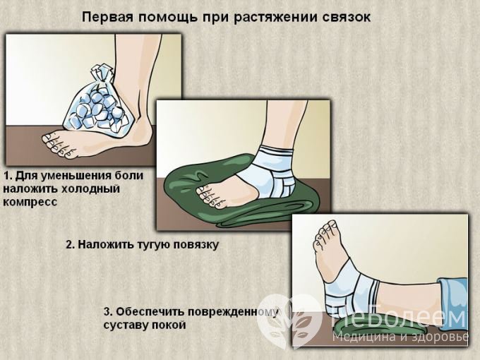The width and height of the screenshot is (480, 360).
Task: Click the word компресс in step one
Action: (30, 201)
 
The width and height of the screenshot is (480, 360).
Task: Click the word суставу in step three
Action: (126, 325)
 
